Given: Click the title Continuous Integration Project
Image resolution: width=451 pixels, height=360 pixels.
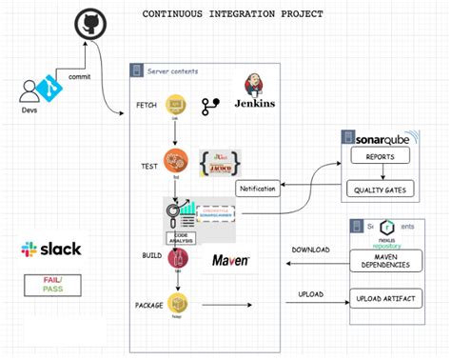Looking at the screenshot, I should pyautogui.click(x=232, y=14).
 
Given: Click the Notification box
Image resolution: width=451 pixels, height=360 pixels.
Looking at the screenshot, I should pyautogui.click(x=257, y=189).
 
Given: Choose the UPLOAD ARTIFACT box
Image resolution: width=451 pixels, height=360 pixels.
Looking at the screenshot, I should pyautogui.click(x=385, y=300).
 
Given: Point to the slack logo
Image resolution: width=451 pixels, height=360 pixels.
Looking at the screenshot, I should pyautogui.click(x=50, y=250).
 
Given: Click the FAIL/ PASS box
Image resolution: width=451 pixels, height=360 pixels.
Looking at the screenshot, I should pyautogui.click(x=51, y=284).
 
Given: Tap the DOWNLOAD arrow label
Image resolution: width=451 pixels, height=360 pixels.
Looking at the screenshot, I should pyautogui.click(x=310, y=250).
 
